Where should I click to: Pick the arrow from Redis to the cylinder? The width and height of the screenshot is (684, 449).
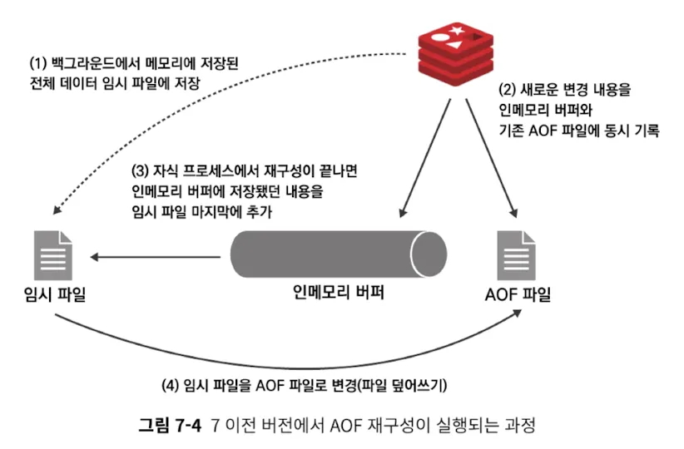(424, 158)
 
